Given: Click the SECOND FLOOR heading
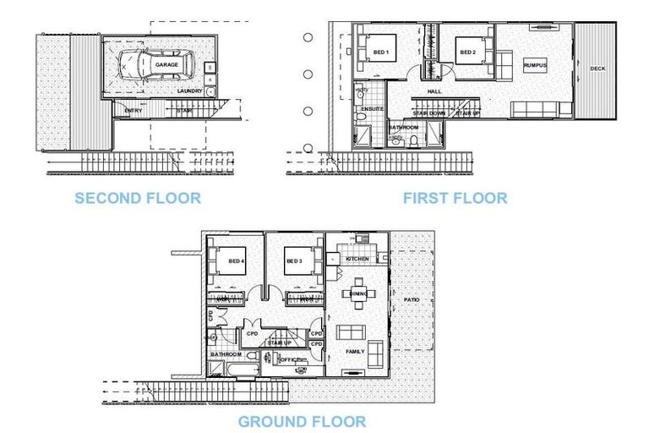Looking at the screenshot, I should pos(138,199).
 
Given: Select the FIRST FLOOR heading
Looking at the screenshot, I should pos(455,198).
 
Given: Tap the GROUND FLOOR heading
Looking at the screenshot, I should pos(302,421).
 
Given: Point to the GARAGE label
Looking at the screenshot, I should pos(166,63).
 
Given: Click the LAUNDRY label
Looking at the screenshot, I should pos(190,90).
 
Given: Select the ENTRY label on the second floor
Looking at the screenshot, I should pos(133,111).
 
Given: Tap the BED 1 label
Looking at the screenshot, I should pos(381,53).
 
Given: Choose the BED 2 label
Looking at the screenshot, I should pos(468,53).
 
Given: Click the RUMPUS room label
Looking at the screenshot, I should pos(534,65).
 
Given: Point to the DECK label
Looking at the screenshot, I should pos(597,69).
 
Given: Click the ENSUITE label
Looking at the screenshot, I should pos(372,109).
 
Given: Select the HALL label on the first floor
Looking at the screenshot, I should pos(434,91).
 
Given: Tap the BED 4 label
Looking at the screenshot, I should pos(237,261).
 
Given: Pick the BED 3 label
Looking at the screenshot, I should pos(293,261).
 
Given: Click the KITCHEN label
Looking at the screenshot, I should pos(357,259).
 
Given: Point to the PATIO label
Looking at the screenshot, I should pos(411,299).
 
